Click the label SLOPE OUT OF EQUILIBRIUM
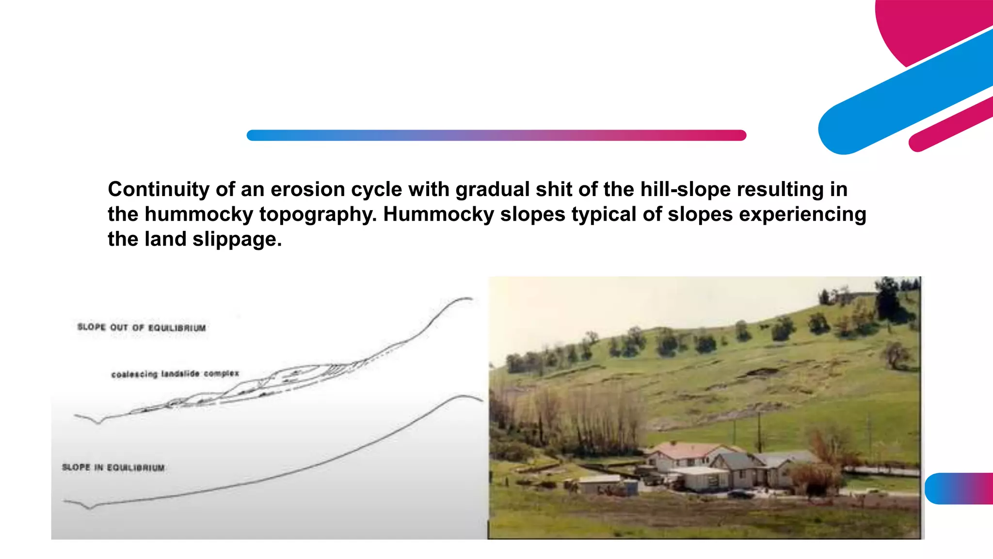pos(141,328)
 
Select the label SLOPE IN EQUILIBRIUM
pos(113,467)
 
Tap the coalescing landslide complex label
pos(175,374)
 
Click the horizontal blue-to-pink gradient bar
pos(496,135)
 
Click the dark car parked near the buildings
pos(740,494)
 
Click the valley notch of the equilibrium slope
pos(90,508)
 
